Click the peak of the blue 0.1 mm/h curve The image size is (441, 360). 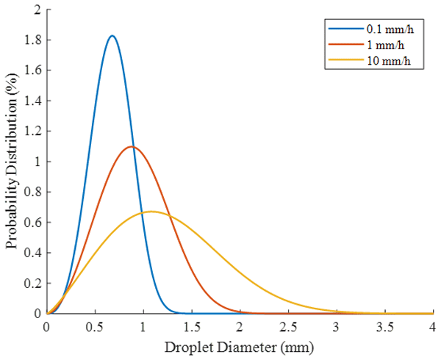coord(112,36)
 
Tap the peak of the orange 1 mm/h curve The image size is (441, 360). coord(132,147)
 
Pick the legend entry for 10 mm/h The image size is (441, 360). coord(381,60)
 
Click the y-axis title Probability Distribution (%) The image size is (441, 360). coord(12,162)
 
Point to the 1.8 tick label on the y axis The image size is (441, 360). coord(33,40)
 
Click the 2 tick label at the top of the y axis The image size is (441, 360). coord(37,10)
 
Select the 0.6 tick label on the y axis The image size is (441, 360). coord(33,222)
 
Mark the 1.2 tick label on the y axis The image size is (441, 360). coord(33,131)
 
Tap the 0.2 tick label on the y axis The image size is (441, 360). coord(33,283)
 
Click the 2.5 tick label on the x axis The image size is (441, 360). coord(287,325)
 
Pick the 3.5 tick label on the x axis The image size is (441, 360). coord(384,325)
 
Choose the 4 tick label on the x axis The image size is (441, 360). coord(432,325)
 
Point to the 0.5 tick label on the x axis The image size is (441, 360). coord(95,325)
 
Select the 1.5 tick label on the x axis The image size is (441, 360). coord(191,325)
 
